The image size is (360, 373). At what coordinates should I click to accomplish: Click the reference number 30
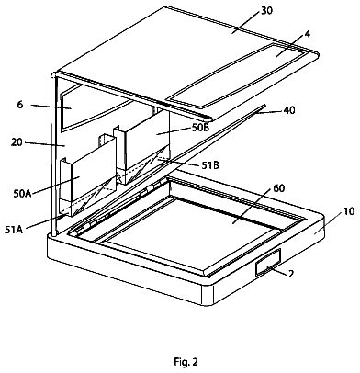pyautogui.click(x=266, y=11)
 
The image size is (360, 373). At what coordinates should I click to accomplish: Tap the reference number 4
pyautogui.click(x=308, y=34)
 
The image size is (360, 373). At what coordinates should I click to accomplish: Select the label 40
pyautogui.click(x=289, y=110)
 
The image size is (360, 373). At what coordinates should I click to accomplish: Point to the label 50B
pyautogui.click(x=200, y=128)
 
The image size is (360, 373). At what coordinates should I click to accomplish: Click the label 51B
pyautogui.click(x=209, y=165)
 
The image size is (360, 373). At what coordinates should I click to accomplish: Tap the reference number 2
pyautogui.click(x=291, y=274)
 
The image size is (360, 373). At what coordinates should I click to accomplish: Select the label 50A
pyautogui.click(x=22, y=194)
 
